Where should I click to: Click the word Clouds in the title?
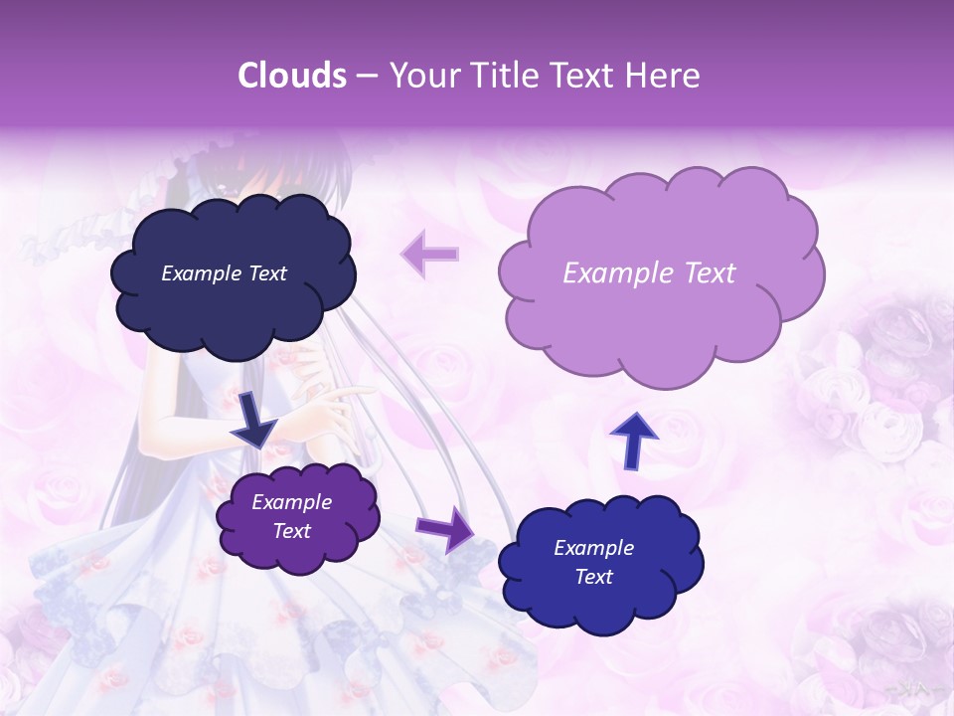(x=291, y=76)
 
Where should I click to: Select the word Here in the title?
(x=665, y=76)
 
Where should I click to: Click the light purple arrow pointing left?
(x=429, y=254)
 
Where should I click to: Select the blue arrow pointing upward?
(x=633, y=440)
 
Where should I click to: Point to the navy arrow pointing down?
(x=255, y=418)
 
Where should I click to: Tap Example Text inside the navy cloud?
(x=224, y=273)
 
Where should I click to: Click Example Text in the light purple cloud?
(x=649, y=273)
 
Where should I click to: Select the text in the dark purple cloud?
(x=292, y=517)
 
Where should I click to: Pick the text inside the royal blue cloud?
(x=593, y=562)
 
